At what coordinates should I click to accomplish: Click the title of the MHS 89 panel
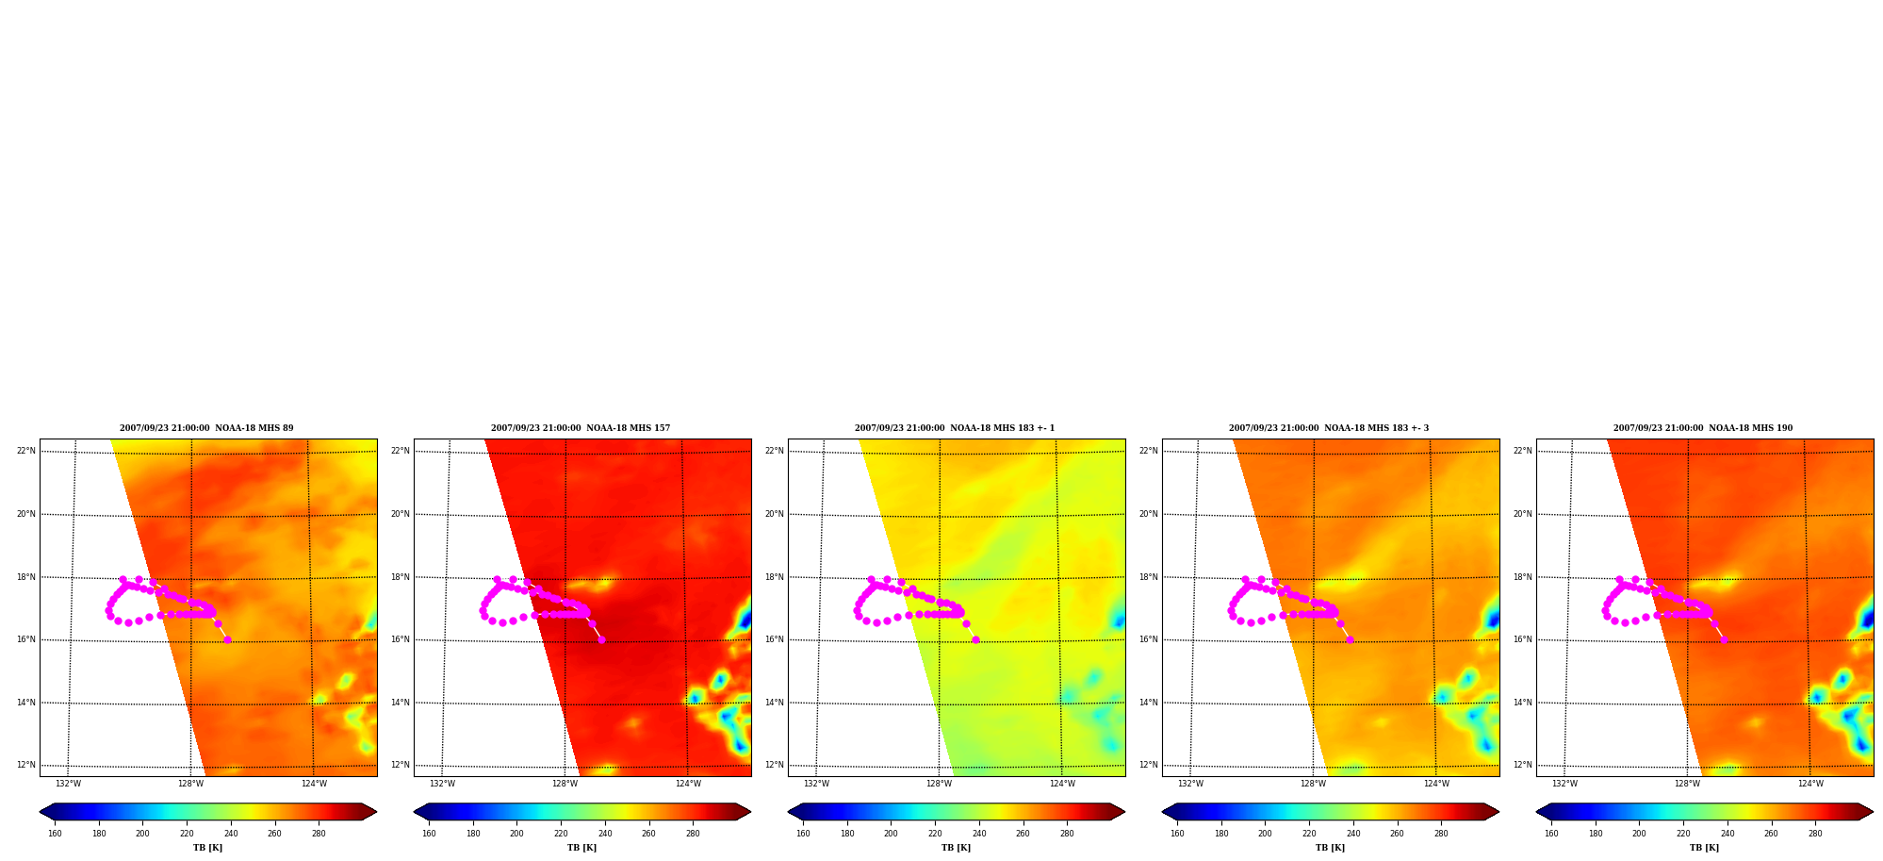[206, 428]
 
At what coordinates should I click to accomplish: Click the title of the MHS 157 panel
[581, 428]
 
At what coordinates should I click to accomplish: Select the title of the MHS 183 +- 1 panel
[955, 428]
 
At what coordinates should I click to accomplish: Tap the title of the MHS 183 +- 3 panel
[1329, 428]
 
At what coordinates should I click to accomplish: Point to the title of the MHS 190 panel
[1703, 428]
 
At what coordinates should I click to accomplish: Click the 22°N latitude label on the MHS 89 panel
[26, 451]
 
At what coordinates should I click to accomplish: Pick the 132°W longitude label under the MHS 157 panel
[442, 784]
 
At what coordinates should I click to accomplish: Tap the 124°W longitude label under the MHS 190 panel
[1810, 784]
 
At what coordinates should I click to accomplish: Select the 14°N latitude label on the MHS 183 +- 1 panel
[775, 703]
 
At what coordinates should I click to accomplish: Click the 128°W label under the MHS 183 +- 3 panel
[1313, 784]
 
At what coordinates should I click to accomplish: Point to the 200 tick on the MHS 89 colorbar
[142, 834]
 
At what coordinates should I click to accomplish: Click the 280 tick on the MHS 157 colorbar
[693, 834]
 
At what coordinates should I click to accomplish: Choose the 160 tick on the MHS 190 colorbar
[1551, 834]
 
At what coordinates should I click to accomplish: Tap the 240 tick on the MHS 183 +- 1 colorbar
[979, 834]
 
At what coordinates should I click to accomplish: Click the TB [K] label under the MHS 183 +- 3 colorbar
[1331, 848]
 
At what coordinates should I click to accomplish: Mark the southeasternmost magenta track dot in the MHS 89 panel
[227, 640]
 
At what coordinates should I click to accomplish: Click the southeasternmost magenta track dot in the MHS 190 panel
[1724, 640]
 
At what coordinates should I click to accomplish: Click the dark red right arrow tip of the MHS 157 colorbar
[750, 812]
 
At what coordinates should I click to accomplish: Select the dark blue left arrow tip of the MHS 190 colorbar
[1537, 812]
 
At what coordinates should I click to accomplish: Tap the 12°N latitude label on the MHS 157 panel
[401, 765]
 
